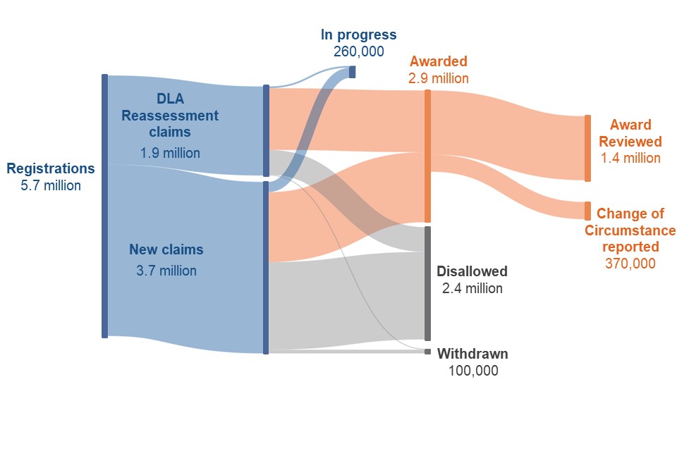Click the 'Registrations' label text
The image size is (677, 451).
click(x=51, y=168)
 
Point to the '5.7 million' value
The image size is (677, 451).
click(x=51, y=185)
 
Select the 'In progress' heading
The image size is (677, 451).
click(x=358, y=35)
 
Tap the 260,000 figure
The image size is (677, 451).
click(x=358, y=51)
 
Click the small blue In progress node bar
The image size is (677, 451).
click(x=353, y=72)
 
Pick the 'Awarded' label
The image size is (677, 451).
click(x=438, y=61)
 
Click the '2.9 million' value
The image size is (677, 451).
click(x=438, y=78)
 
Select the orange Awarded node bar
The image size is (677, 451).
click(x=427, y=156)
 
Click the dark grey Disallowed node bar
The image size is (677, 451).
click(x=427, y=283)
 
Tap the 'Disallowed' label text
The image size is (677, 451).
click(x=472, y=271)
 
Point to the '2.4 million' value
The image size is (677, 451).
click(x=472, y=288)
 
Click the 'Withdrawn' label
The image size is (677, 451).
click(x=472, y=354)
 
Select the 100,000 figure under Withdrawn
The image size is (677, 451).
click(x=473, y=371)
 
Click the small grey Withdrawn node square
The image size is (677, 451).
click(x=427, y=352)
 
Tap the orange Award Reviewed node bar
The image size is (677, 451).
click(x=587, y=149)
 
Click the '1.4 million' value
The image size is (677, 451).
click(x=630, y=158)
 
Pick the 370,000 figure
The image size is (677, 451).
click(x=630, y=264)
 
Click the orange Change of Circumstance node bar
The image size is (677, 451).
click(x=587, y=211)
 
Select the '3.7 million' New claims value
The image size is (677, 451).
click(x=166, y=271)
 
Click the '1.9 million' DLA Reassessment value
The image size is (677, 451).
click(x=170, y=153)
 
